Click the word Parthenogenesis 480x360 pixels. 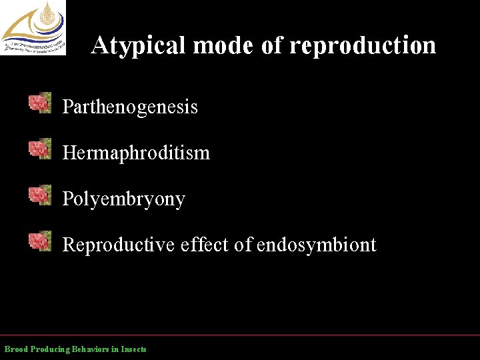(130, 107)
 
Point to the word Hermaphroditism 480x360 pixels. (136, 153)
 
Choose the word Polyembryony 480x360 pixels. (123, 199)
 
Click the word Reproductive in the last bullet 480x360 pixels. (118, 245)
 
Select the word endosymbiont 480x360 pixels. (317, 245)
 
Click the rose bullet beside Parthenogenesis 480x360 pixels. (40, 103)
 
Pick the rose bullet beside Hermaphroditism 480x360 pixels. (40, 149)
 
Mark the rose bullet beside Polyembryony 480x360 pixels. (40, 195)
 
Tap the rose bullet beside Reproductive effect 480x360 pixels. (40, 241)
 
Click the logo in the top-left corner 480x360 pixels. (33, 27)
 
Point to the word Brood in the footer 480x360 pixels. (17, 349)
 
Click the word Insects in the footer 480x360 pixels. (133, 349)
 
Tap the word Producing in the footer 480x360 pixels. (51, 349)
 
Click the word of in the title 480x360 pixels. (267, 45)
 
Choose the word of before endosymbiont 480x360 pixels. (243, 245)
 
